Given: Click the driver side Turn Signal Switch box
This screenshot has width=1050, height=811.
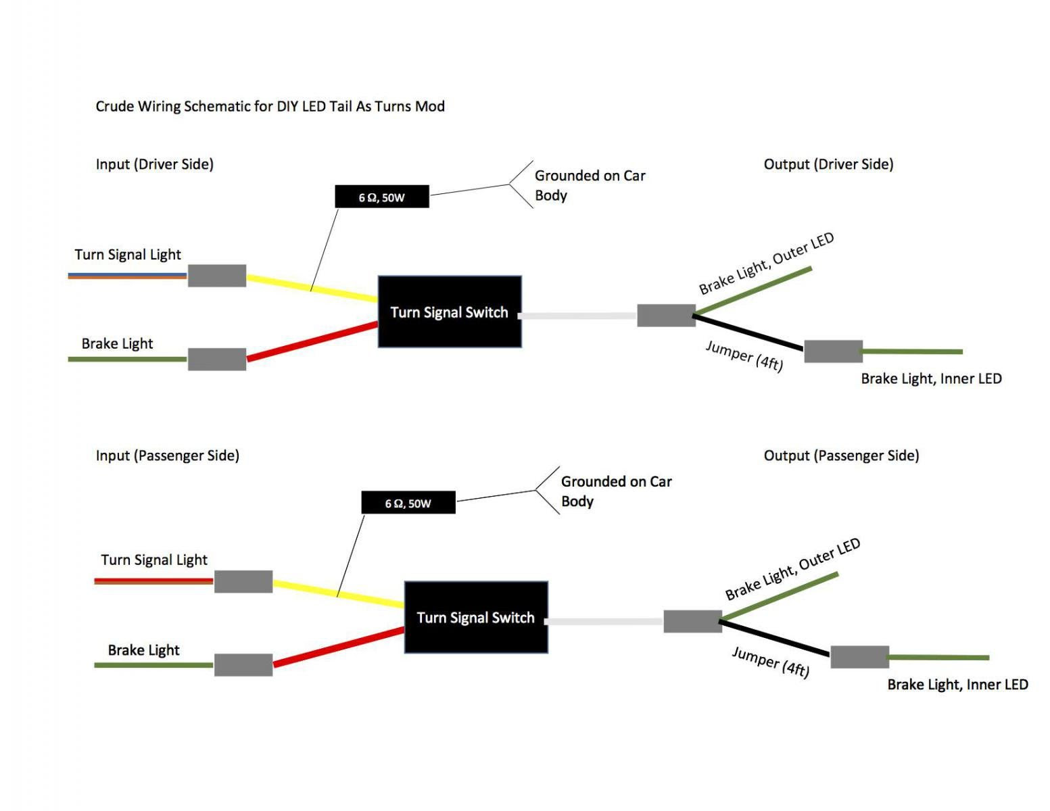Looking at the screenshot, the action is pos(450,312).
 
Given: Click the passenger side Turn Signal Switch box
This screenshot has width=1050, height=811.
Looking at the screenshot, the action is pos(476,617).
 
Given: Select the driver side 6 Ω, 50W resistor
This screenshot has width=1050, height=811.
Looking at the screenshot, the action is pos(382,197).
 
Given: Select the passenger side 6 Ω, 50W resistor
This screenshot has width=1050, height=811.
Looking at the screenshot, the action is pos(408,502).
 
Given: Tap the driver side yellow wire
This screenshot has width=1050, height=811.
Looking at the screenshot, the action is pos(312,289).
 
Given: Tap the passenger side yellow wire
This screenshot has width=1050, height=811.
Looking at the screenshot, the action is pos(339,593).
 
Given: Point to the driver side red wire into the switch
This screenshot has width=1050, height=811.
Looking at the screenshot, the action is pos(312,341).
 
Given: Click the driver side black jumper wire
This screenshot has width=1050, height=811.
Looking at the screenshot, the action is pos(748,332).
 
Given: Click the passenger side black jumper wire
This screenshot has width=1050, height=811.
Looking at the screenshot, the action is pos(775,637).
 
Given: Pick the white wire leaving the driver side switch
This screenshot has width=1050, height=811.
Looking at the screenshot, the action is pos(578,316).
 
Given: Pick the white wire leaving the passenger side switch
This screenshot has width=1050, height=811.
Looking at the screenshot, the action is pos(604,621).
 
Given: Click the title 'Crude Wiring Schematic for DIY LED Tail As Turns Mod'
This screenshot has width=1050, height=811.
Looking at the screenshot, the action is pos(270,106).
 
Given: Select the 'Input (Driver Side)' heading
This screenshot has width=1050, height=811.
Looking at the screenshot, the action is pos(155,164).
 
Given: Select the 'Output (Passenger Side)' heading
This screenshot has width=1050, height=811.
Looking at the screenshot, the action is pos(841,455).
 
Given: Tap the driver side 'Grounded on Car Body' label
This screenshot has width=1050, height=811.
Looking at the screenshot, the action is pos(590,185).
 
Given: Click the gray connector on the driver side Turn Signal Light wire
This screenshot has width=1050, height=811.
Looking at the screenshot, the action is pos(217,275).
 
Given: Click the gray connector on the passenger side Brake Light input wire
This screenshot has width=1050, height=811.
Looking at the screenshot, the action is pos(243,664).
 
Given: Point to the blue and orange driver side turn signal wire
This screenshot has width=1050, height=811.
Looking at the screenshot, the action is pos(127,276).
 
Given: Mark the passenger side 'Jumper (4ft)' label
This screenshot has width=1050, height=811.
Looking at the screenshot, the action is pos(771,662).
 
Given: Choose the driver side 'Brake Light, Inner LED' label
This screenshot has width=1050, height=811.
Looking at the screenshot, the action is pos(931,378).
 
